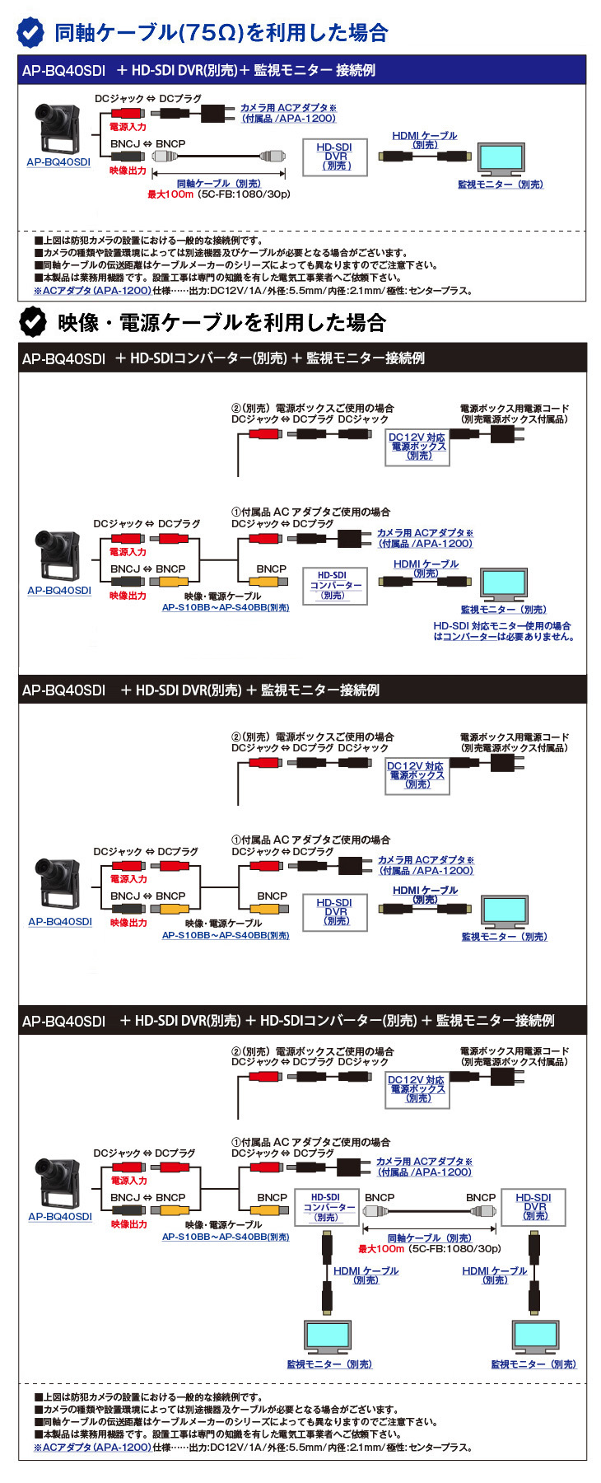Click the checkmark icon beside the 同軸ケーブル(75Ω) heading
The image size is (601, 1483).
pyautogui.click(x=31, y=32)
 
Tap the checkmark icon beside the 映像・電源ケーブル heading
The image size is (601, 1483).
pyautogui.click(x=33, y=322)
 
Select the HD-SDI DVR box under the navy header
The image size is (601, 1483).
pyautogui.click(x=335, y=157)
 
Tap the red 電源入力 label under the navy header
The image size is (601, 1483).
pyautogui.click(x=128, y=127)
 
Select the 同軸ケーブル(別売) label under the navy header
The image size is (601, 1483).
pyautogui.click(x=219, y=184)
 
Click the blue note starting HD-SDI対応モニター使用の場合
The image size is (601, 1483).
pyautogui.click(x=503, y=631)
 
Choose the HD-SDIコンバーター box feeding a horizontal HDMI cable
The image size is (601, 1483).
pyautogui.click(x=333, y=585)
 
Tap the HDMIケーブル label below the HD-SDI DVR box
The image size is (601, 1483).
pyautogui.click(x=494, y=1275)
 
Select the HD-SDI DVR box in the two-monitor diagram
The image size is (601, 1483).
pyautogui.click(x=534, y=1207)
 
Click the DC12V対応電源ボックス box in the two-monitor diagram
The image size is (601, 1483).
pyautogui.click(x=417, y=1089)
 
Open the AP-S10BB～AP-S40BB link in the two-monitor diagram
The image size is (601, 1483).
pyautogui.click(x=226, y=1237)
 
